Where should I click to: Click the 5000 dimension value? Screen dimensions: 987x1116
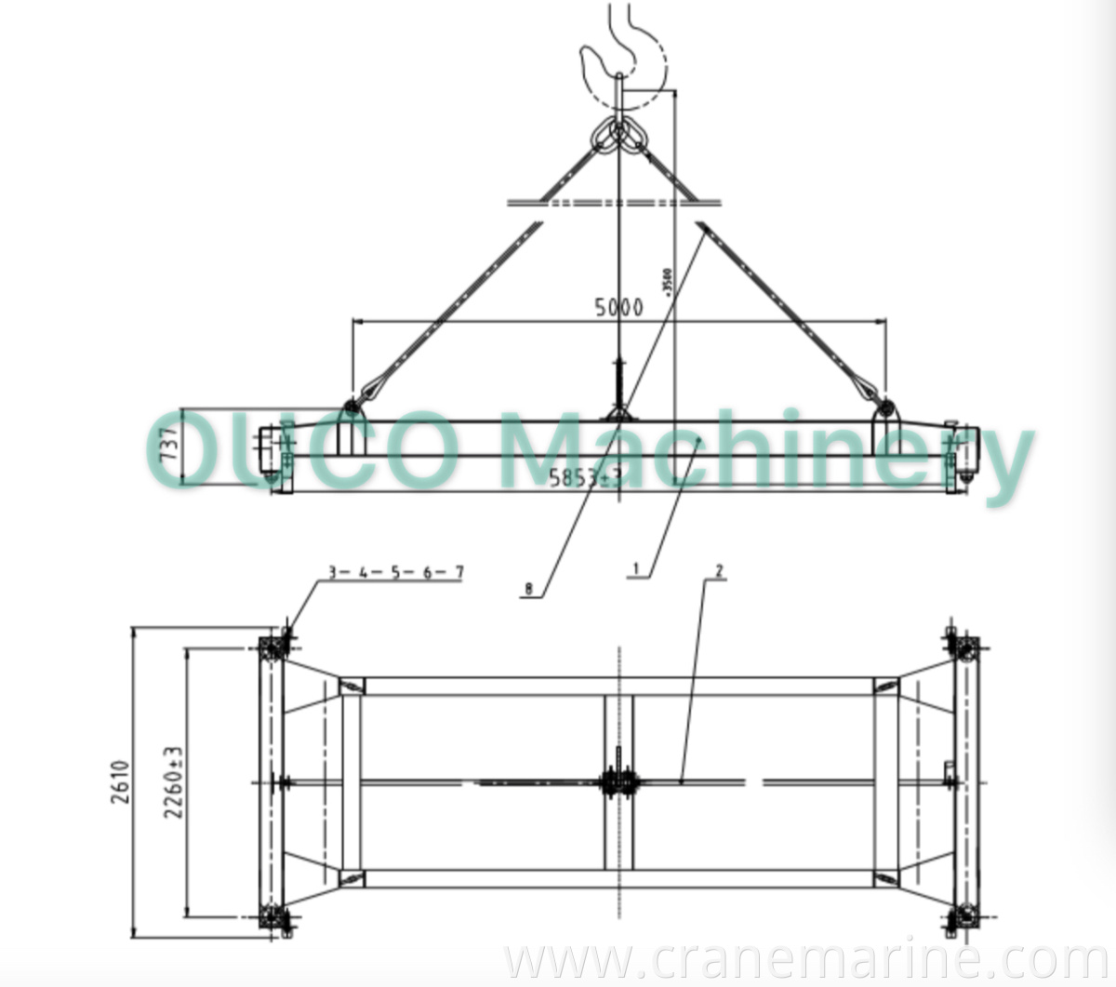tap(618, 307)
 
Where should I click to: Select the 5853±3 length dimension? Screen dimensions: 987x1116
tap(585, 479)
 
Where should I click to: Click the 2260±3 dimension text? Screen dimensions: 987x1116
tap(173, 781)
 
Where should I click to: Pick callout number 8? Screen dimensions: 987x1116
tap(528, 588)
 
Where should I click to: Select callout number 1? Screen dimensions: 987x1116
tap(636, 567)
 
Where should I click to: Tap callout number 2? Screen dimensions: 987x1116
tap(718, 569)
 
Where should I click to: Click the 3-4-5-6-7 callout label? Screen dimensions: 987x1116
tap(394, 572)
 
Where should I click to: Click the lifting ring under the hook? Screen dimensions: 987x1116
tap(619, 136)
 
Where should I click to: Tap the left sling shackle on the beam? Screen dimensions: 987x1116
tap(352, 407)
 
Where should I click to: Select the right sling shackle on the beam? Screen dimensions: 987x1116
tap(886, 407)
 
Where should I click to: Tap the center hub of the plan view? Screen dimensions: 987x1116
tap(618, 781)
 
